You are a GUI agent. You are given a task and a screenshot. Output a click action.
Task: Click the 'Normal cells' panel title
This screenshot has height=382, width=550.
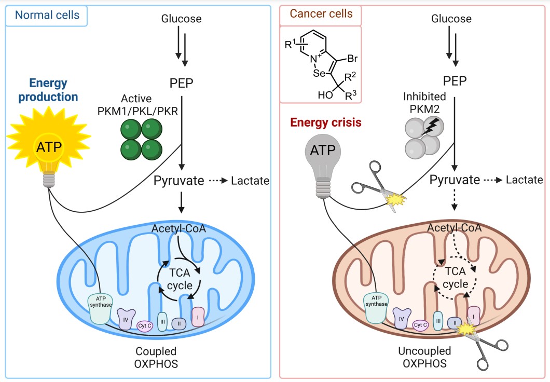(47, 15)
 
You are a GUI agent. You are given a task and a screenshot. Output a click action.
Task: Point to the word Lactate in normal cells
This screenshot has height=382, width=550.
(250, 181)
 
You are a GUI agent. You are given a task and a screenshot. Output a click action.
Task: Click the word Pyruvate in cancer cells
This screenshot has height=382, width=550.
(455, 180)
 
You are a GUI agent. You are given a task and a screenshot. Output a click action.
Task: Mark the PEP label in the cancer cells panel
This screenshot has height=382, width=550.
(455, 81)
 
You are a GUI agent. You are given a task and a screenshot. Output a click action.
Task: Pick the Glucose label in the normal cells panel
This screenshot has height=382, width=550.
(181, 19)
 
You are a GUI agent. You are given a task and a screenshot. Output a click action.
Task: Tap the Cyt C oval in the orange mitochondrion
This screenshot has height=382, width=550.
(420, 325)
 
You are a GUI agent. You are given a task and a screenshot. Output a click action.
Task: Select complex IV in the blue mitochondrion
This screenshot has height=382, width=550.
(126, 319)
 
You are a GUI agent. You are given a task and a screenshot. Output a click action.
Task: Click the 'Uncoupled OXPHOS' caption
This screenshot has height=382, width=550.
(424, 357)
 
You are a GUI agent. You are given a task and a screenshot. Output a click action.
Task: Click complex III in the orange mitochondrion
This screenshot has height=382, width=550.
(438, 321)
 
